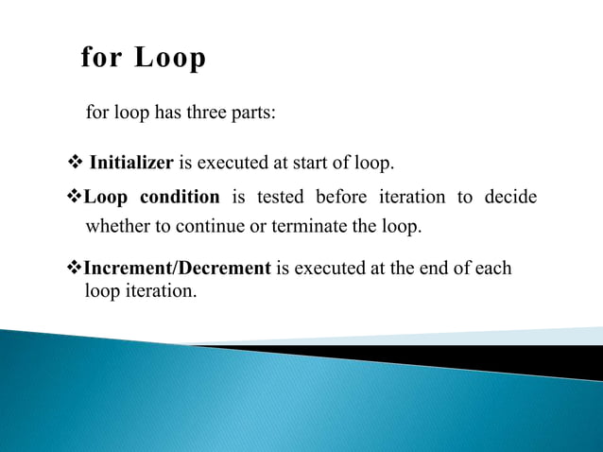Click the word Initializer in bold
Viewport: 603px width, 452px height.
130,163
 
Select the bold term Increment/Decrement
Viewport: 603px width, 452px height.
178,268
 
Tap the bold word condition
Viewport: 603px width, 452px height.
180,198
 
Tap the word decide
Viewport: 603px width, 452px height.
510,198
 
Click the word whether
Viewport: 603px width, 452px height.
116,227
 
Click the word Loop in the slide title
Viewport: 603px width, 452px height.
170,59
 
